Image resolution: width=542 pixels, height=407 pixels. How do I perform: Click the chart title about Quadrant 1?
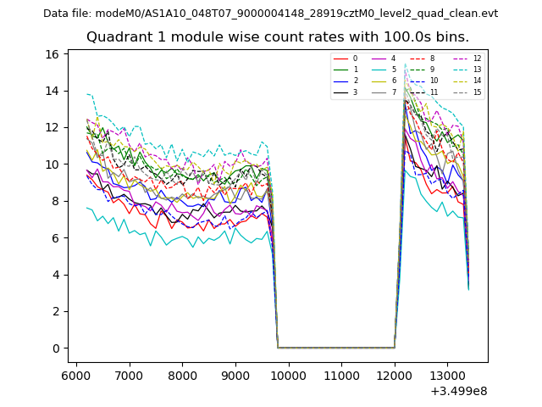pyautogui.click(x=278, y=37)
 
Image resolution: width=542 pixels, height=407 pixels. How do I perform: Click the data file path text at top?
pyautogui.click(x=271, y=14)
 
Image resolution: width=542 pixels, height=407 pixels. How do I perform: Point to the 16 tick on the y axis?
pyautogui.click(x=53, y=54)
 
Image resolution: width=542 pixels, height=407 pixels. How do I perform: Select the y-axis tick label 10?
pyautogui.click(x=53, y=164)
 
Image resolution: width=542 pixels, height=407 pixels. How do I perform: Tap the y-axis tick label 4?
pyautogui.click(x=55, y=275)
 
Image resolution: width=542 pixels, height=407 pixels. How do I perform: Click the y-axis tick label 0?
pyautogui.click(x=55, y=348)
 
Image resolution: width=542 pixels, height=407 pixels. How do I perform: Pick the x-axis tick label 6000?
pyautogui.click(x=76, y=375)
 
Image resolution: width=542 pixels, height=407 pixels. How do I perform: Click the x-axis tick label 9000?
pyautogui.click(x=235, y=375)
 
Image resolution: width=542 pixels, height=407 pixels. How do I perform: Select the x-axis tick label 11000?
pyautogui.click(x=341, y=375)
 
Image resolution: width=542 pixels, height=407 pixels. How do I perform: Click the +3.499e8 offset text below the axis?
pyautogui.click(x=459, y=391)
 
